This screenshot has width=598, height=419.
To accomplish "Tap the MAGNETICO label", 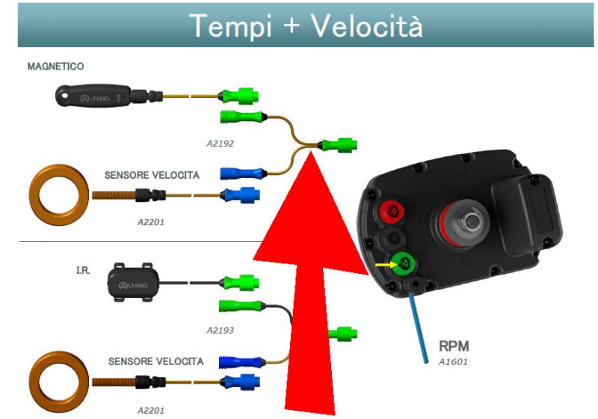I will pyautogui.click(x=55, y=67).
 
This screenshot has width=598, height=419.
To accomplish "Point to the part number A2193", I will pyautogui.click(x=221, y=329).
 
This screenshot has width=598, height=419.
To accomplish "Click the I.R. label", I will pyautogui.click(x=83, y=267).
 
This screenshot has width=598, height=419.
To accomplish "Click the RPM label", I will pyautogui.click(x=454, y=347).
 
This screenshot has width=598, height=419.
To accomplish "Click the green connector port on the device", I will pyautogui.click(x=404, y=263).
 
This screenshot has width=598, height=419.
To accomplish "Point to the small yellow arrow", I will pyautogui.click(x=384, y=264).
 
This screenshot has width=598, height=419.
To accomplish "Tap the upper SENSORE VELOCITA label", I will pyautogui.click(x=152, y=176).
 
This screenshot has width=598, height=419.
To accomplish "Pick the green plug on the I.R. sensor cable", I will pyautogui.click(x=239, y=282).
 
